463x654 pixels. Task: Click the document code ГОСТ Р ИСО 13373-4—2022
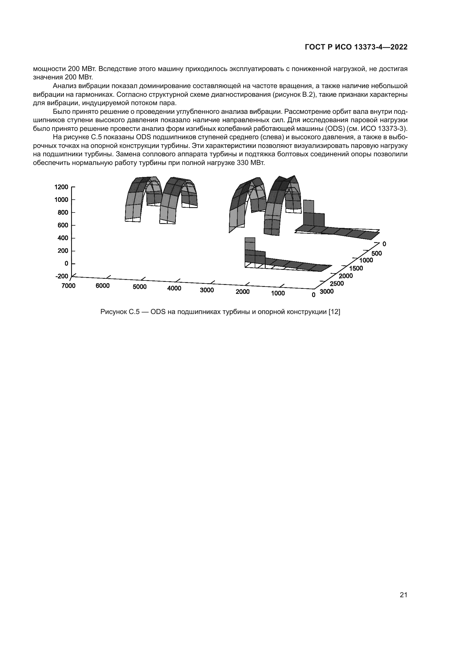[356, 47]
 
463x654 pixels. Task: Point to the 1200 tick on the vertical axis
[61, 187]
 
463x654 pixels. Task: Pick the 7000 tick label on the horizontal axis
[68, 285]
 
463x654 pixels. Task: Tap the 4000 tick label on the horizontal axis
[174, 288]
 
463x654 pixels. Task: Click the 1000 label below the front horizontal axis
[278, 293]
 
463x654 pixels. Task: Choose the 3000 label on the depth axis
[327, 291]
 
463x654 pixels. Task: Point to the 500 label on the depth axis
[377, 253]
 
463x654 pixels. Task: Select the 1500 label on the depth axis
[356, 268]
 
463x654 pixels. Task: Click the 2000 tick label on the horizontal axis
[243, 292]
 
